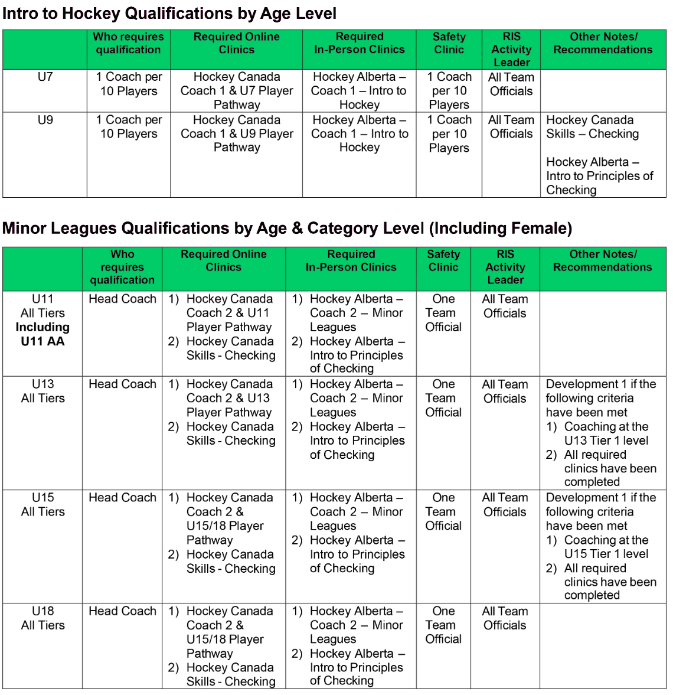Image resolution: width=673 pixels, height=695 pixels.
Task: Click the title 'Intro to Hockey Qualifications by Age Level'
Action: [169, 14]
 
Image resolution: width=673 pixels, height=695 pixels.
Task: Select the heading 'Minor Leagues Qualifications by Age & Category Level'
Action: [287, 229]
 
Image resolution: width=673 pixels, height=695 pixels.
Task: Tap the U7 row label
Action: [45, 77]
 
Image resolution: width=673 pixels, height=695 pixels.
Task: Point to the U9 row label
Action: [45, 120]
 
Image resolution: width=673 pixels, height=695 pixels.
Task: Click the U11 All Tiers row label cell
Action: [43, 320]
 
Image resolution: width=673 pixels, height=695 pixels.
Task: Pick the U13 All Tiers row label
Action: [43, 391]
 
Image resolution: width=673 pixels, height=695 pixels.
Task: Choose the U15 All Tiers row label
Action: [43, 505]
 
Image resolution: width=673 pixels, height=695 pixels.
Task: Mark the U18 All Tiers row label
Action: [43, 618]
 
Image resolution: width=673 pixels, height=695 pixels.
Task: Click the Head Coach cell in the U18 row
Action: [122, 611]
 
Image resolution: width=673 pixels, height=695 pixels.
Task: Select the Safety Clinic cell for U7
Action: [449, 91]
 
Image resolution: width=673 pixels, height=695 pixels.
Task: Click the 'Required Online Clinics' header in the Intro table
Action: [236, 43]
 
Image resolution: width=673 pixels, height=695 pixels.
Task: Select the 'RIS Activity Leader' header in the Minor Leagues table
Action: [505, 267]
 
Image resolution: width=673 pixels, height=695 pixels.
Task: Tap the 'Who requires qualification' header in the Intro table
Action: [128, 43]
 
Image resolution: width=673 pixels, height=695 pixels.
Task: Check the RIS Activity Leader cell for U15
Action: [505, 505]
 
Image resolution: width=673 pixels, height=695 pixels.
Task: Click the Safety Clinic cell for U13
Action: [443, 399]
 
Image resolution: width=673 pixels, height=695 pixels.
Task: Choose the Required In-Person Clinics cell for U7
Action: [359, 91]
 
